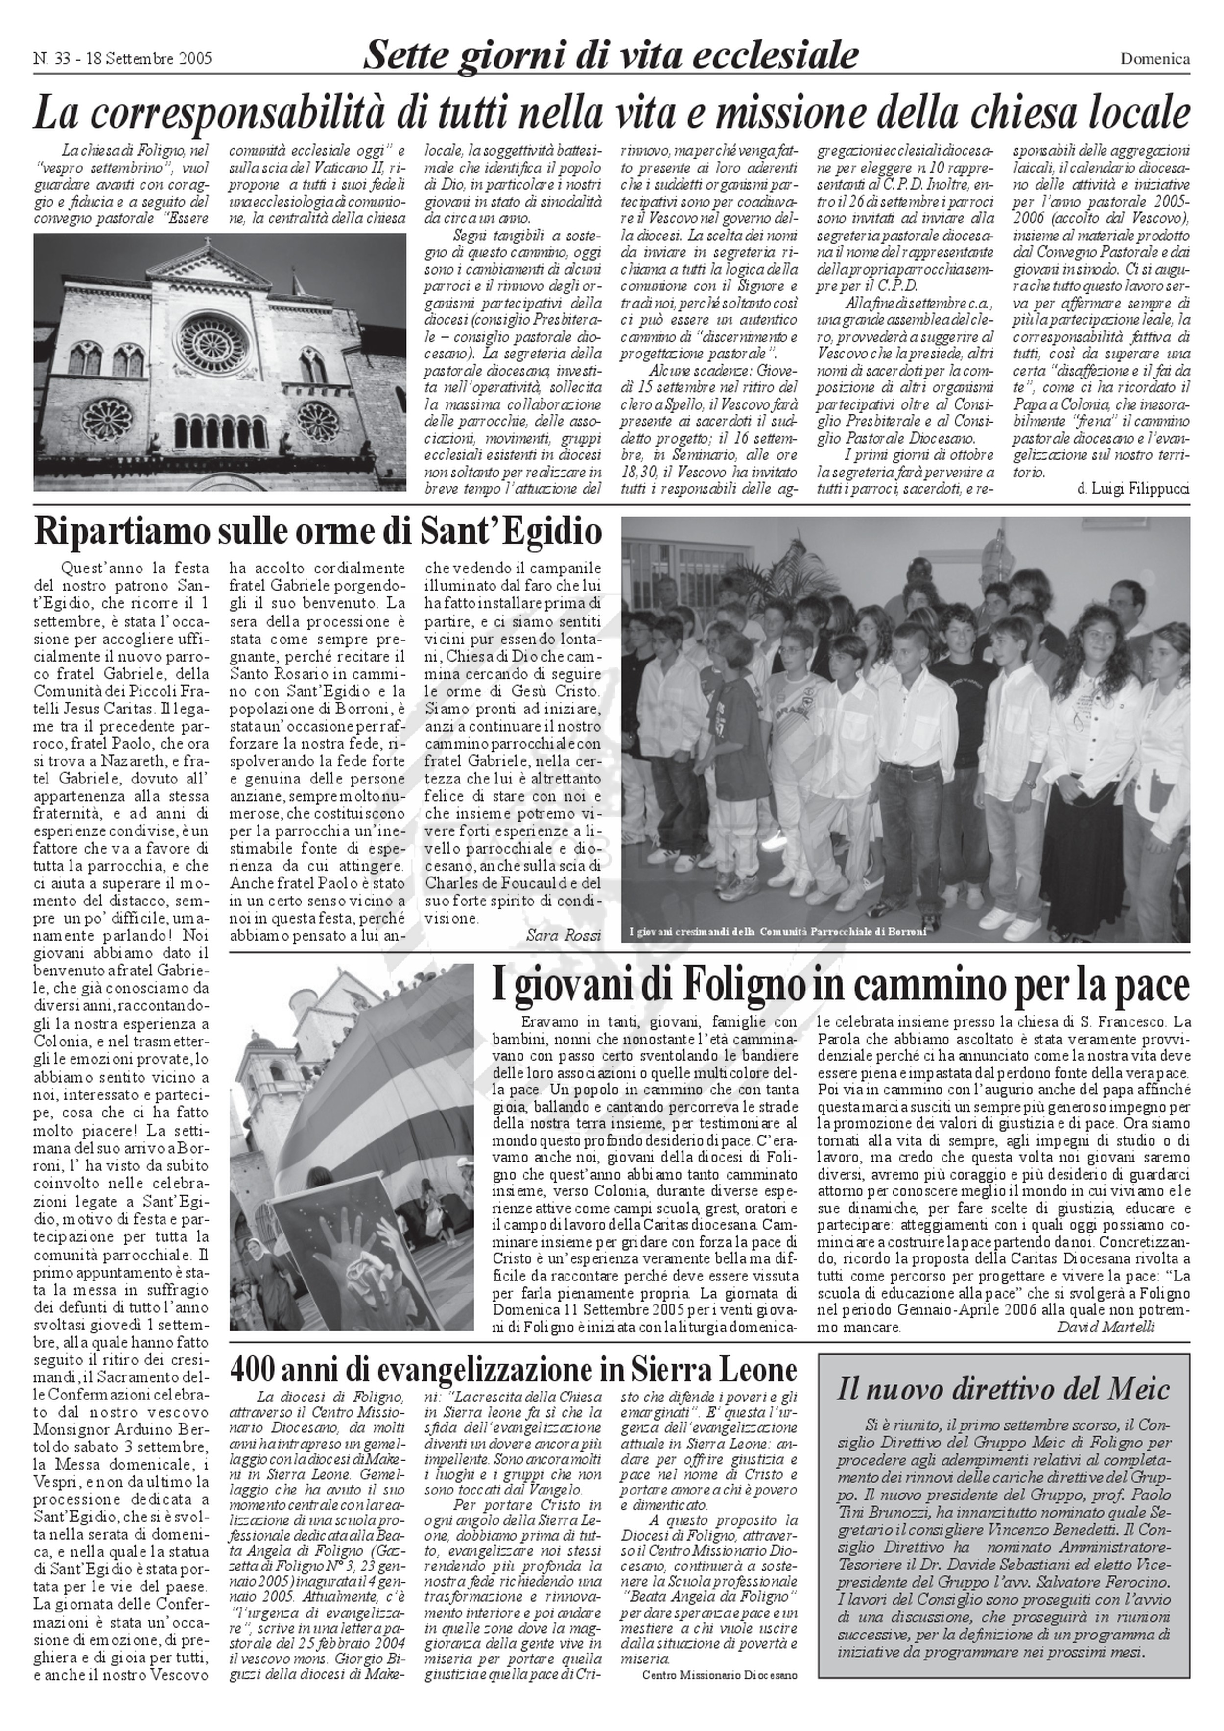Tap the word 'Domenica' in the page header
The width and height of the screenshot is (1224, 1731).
pyautogui.click(x=1154, y=59)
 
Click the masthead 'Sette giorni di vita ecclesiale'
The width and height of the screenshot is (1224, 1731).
pyautogui.click(x=611, y=54)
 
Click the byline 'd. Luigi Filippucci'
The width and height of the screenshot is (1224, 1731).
pyautogui.click(x=1133, y=489)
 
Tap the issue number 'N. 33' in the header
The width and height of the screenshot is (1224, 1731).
pyautogui.click(x=51, y=59)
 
